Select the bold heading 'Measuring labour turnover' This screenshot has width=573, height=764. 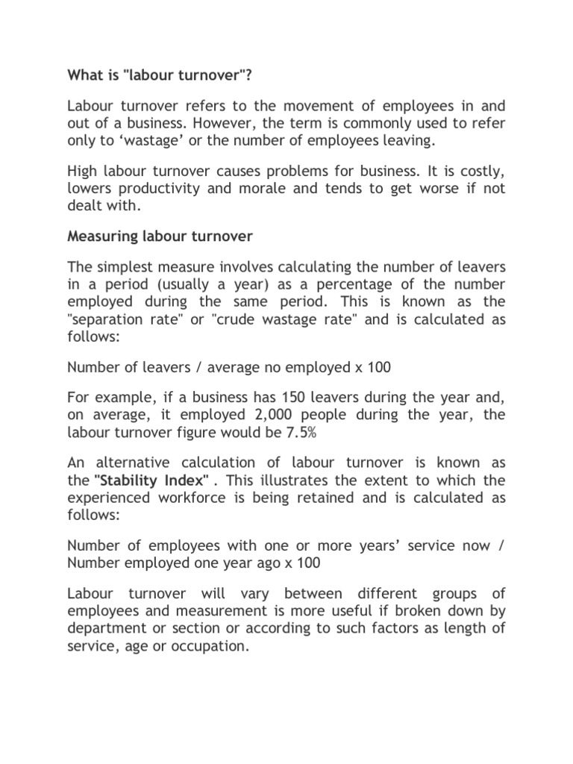(160, 237)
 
